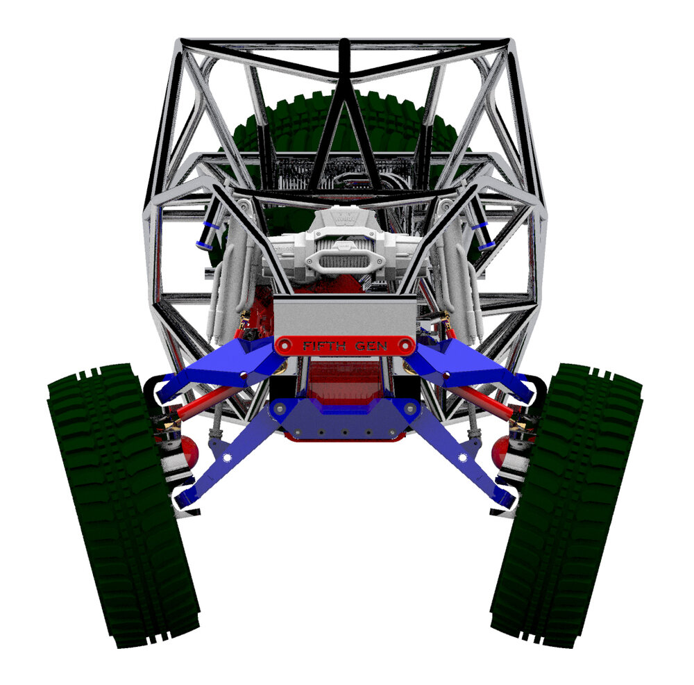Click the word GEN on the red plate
click(371, 345)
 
